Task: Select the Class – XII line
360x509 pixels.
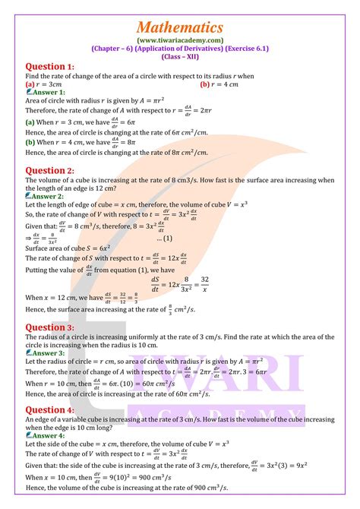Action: (x=180, y=56)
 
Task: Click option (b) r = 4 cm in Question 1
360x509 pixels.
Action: (x=220, y=84)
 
